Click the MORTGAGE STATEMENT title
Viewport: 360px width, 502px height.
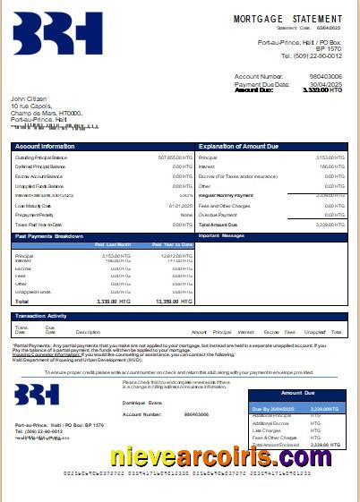click(287, 19)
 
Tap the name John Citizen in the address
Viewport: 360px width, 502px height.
click(29, 98)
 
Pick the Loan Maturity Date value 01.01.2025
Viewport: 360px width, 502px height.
click(180, 205)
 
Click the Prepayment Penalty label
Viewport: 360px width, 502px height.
click(35, 215)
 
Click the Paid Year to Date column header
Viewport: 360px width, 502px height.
click(172, 243)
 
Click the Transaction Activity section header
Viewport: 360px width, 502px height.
click(41, 316)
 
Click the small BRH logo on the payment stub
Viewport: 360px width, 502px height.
click(37, 395)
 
